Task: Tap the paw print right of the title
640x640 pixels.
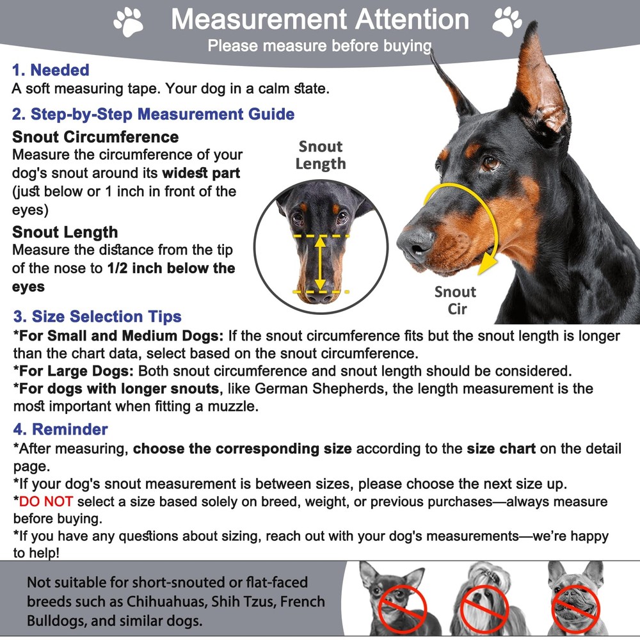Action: pos(508,21)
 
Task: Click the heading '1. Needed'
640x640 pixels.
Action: pos(51,70)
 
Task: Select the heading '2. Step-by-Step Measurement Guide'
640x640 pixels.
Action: pos(154,115)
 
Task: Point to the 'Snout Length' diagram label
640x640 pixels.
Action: pos(320,155)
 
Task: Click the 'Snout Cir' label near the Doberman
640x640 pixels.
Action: pos(455,300)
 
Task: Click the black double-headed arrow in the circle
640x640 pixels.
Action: pos(321,263)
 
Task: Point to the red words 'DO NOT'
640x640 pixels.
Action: pos(46,502)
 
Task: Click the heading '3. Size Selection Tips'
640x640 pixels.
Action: pos(97,317)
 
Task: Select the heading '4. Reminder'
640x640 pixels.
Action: pos(60,429)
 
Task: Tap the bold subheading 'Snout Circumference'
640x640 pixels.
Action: pos(95,137)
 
